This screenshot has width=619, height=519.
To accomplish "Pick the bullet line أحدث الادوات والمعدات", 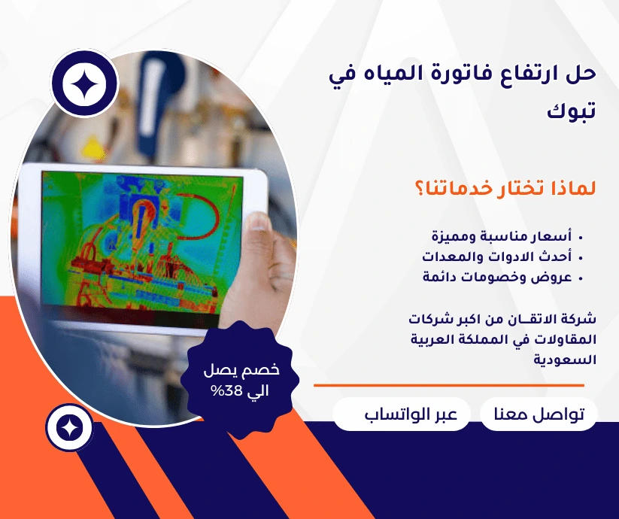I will pyautogui.click(x=496, y=257).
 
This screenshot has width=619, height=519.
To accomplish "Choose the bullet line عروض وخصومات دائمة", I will pyautogui.click(x=497, y=277).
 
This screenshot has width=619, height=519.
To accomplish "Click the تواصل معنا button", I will pyautogui.click(x=539, y=415).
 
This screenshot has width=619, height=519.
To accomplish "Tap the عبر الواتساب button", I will pyautogui.click(x=402, y=415).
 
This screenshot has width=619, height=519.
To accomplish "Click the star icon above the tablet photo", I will pyautogui.click(x=83, y=84).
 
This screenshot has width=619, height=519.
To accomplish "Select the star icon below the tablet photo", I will pyautogui.click(x=69, y=428).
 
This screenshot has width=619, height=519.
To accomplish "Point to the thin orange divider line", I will pyautogui.click(x=448, y=385).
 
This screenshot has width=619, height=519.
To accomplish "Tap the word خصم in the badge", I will pyautogui.click(x=263, y=369).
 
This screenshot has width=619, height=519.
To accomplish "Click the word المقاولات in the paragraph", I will pyautogui.click(x=562, y=339).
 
